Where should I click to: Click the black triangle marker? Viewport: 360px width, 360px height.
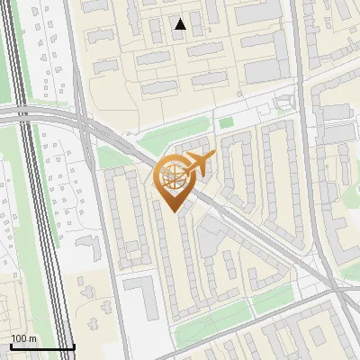pyautogui.click(x=181, y=24)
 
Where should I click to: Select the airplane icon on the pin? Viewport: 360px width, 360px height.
pyautogui.click(x=197, y=165)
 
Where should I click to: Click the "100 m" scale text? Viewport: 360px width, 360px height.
pyautogui.click(x=23, y=337)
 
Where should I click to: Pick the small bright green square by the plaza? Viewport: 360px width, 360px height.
pyautogui.click(x=226, y=121)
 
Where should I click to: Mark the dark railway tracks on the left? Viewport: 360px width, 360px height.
pyautogui.click(x=36, y=180)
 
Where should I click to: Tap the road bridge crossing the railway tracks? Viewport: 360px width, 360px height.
pyautogui.click(x=36, y=115)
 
